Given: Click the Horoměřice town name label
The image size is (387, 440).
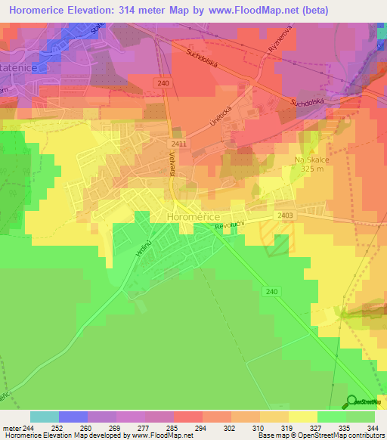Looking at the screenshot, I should (x=192, y=217).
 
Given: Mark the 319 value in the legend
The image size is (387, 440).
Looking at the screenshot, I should (x=287, y=428).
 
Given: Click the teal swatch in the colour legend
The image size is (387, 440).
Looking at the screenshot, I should (x=44, y=417).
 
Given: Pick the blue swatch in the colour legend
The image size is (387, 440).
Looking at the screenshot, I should (x=73, y=417).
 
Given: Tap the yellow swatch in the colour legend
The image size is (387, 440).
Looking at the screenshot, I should (x=302, y=417).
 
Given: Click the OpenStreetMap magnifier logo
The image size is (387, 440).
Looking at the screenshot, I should (x=351, y=401).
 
